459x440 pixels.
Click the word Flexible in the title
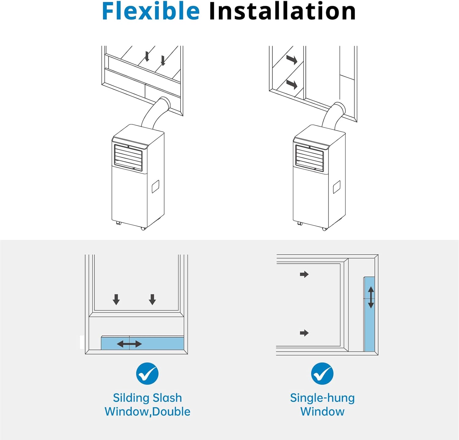pos(151,11)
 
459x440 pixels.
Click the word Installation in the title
pos(282,11)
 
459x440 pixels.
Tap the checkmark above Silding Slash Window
pos(147,374)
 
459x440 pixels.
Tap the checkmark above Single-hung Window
pos(322,374)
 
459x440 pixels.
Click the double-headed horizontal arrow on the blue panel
pos(129,344)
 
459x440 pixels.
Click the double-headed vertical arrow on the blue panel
pos(371,297)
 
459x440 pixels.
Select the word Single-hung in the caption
pos(322,398)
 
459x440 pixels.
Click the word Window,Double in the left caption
pos(147,412)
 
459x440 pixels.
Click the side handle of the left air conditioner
pos(155,187)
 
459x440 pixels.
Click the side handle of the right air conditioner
pos(337,187)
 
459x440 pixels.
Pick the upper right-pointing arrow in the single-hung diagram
pos(304,274)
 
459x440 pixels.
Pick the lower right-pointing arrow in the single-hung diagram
pos(304,333)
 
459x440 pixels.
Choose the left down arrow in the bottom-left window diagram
pos(116,300)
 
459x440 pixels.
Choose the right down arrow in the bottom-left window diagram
pos(152,300)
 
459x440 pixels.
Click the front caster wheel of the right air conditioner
pos(325,229)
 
